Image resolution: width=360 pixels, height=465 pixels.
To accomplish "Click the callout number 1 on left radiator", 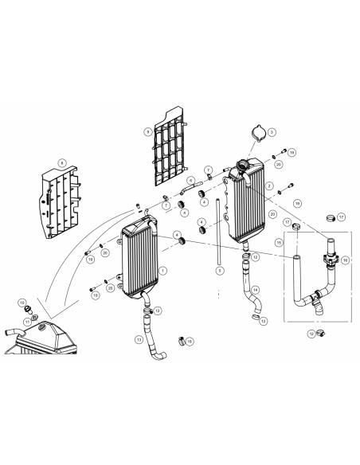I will (163, 271).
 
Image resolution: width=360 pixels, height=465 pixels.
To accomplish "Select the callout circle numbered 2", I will (270, 186).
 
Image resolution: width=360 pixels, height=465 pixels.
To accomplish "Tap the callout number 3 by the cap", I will (272, 131).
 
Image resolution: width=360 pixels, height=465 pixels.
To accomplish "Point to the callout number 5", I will (218, 271).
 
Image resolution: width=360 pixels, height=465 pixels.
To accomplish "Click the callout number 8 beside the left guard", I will (60, 162).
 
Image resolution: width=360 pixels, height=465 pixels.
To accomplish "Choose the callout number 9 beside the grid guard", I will (148, 130).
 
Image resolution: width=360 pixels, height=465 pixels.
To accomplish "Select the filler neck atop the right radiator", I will (241, 170).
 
